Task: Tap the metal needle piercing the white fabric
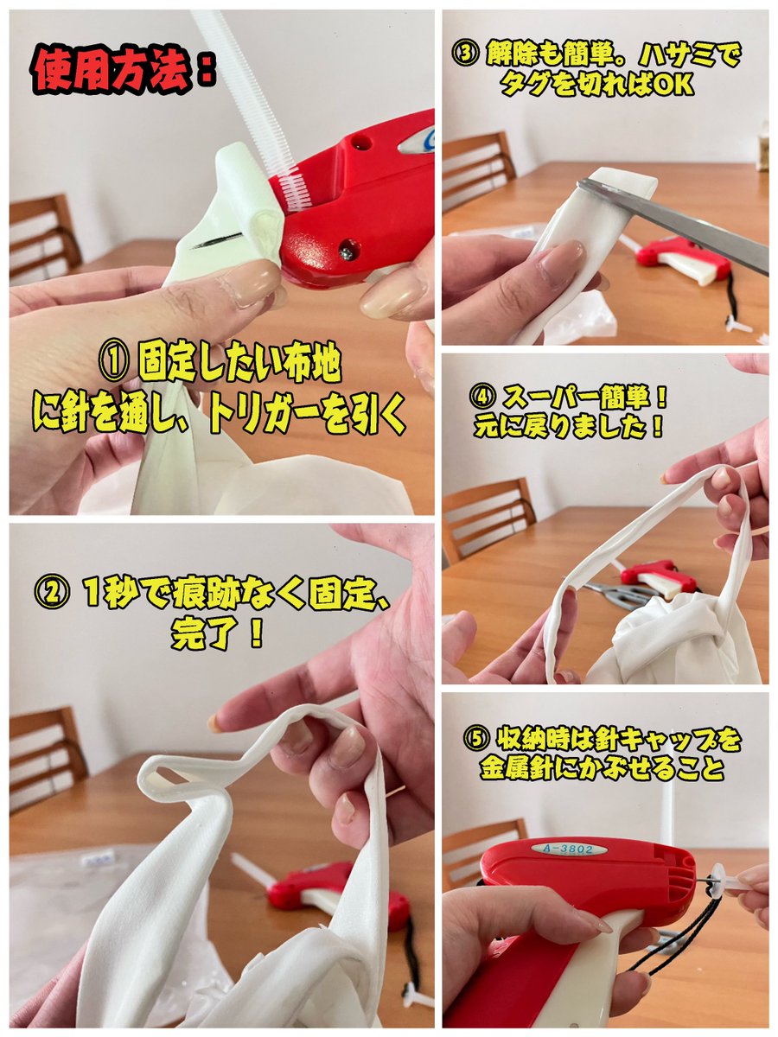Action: coord(216,241)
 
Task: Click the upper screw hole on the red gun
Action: coord(360,141)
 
